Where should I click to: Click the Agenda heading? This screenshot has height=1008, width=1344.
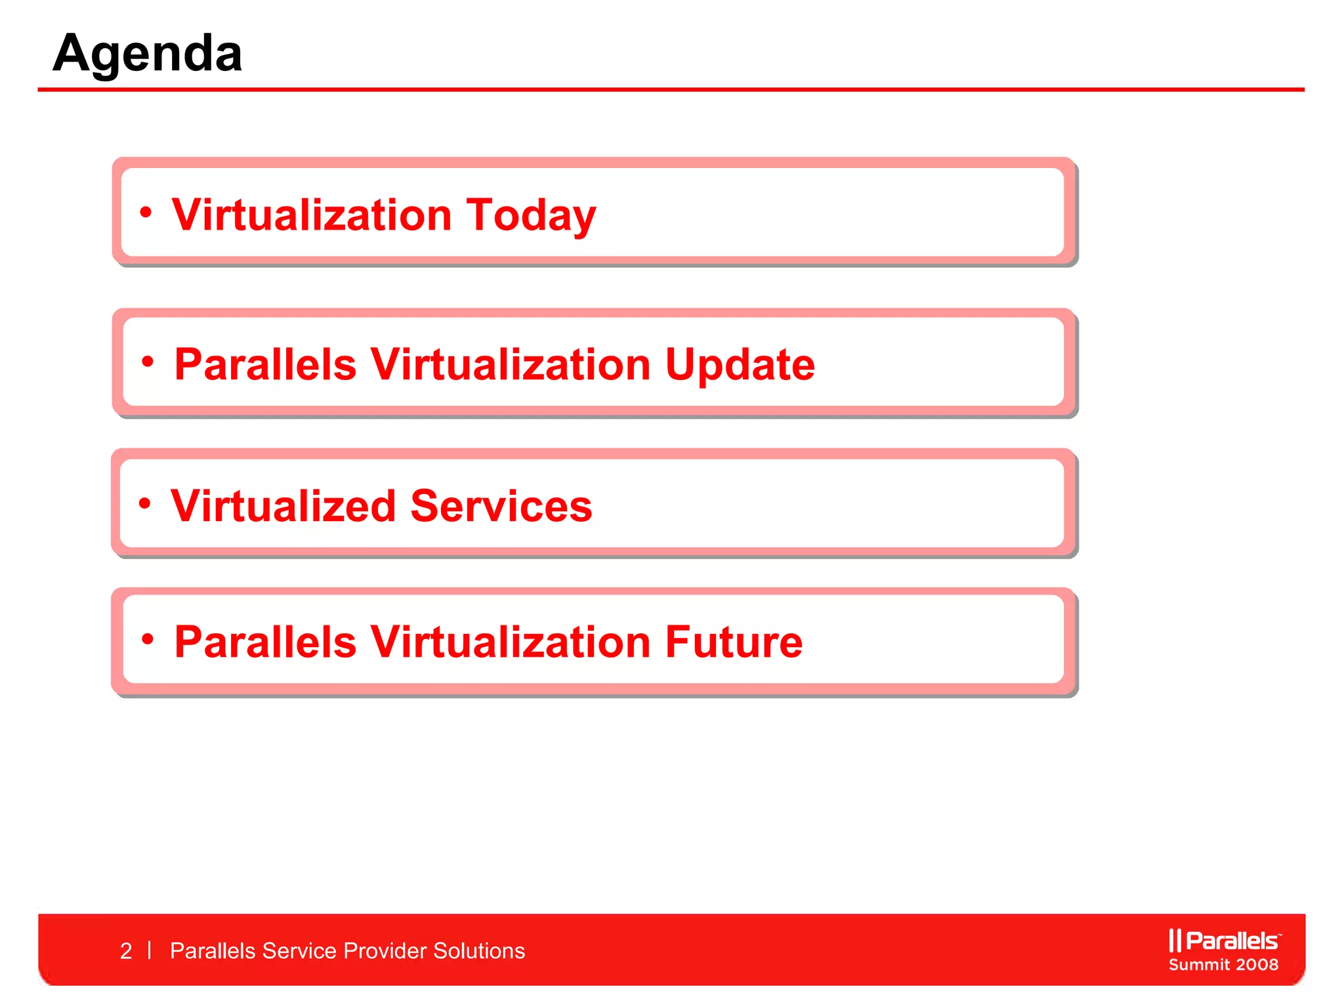[148, 54]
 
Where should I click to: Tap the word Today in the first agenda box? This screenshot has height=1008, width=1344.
[531, 215]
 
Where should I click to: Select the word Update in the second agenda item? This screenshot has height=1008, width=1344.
[740, 365]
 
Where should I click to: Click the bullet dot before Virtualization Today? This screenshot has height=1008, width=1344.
[146, 212]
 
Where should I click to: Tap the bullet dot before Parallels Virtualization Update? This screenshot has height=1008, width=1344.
[148, 361]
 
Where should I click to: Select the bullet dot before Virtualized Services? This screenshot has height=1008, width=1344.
[145, 503]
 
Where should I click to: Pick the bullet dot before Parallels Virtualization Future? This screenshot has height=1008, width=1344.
[148, 639]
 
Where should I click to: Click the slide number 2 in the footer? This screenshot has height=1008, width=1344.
[126, 951]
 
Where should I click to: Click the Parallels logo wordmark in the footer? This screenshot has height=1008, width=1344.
[1232, 941]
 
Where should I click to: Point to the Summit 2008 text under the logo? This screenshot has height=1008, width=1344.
[1223, 965]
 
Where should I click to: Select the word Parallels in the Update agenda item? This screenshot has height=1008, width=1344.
[265, 364]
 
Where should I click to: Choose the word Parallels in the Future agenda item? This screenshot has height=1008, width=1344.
[265, 642]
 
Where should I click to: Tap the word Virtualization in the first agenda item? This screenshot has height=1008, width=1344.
[312, 215]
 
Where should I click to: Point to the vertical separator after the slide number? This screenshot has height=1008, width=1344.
[150, 950]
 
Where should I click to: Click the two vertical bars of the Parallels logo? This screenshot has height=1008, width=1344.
[1175, 940]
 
